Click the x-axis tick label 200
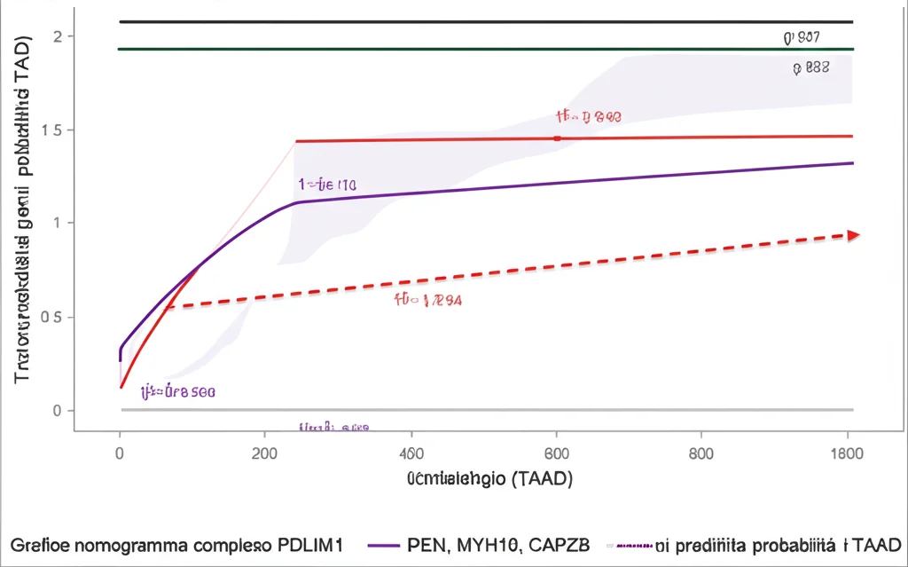(x=265, y=453)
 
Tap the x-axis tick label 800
(x=701, y=453)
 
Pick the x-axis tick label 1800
(x=847, y=453)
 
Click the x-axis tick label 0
(x=120, y=453)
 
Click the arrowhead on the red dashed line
(x=853, y=235)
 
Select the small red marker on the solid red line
(x=557, y=138)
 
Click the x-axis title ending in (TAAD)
(x=489, y=480)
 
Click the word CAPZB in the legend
(x=556, y=543)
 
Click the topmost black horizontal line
(x=486, y=21)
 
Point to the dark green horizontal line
(x=486, y=49)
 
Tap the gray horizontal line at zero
(x=486, y=410)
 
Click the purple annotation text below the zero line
(x=333, y=427)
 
